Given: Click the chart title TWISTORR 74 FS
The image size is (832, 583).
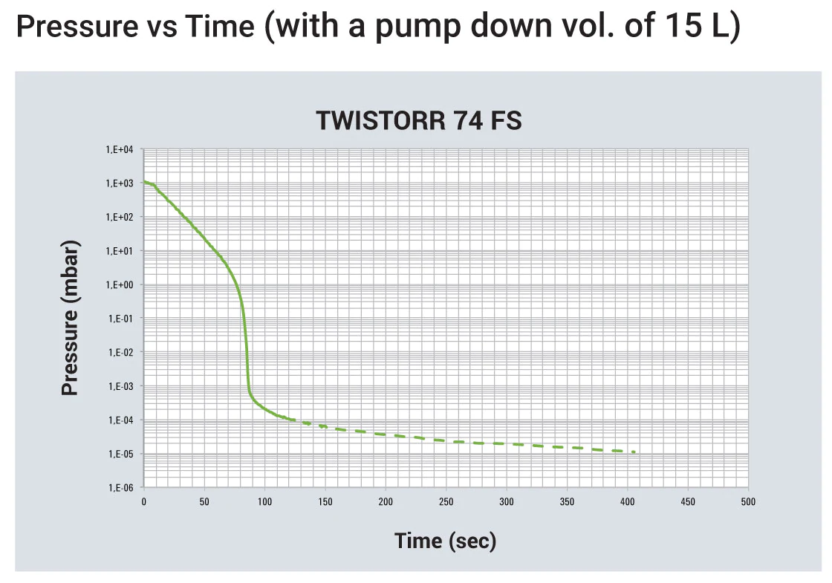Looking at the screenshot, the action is pyautogui.click(x=419, y=120).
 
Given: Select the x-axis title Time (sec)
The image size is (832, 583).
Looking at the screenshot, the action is pyautogui.click(x=445, y=541).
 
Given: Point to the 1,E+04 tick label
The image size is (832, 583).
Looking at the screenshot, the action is pyautogui.click(x=120, y=149).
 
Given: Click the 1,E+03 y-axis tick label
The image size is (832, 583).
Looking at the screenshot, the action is pyautogui.click(x=120, y=183).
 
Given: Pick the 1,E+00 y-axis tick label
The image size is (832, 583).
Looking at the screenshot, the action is pyautogui.click(x=120, y=285).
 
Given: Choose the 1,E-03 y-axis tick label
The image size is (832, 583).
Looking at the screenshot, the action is pyautogui.click(x=121, y=386).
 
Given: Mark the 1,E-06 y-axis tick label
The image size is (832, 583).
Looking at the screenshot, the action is pyautogui.click(x=121, y=488).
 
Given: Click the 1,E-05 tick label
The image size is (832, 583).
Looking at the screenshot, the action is pyautogui.click(x=121, y=454).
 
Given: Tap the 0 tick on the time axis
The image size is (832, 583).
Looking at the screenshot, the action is pyautogui.click(x=144, y=502).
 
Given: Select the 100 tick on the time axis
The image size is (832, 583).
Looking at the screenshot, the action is pyautogui.click(x=264, y=502).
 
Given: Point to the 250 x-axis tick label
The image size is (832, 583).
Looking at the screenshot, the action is pyautogui.click(x=446, y=502).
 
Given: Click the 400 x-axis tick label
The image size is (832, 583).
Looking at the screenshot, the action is pyautogui.click(x=627, y=502).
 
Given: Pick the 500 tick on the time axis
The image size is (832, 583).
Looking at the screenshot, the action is pyautogui.click(x=748, y=502).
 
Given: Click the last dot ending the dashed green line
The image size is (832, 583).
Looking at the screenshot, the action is pyautogui.click(x=634, y=452).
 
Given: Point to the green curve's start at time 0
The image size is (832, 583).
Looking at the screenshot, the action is pyautogui.click(x=144, y=181).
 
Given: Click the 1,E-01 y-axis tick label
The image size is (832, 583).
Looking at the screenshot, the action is pyautogui.click(x=121, y=319).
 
